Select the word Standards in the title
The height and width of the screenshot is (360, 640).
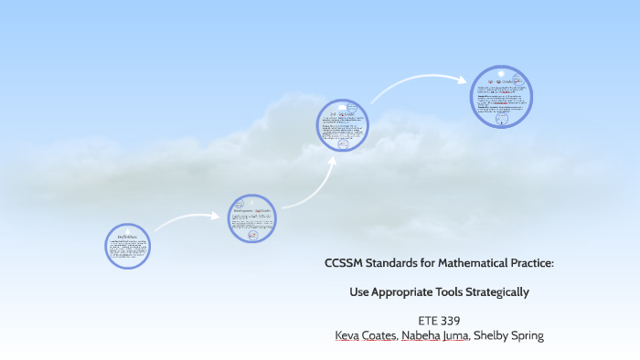394,264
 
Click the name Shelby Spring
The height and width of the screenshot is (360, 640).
511,335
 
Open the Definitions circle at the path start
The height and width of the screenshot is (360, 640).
127,247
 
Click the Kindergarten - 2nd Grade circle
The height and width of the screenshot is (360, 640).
252,218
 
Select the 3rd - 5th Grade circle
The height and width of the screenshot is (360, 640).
343,125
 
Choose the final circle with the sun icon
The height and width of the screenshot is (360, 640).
501,97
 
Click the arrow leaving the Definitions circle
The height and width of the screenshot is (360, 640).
187,220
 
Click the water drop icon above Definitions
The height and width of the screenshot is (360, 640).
127,231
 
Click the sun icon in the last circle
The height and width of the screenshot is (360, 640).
500,74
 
